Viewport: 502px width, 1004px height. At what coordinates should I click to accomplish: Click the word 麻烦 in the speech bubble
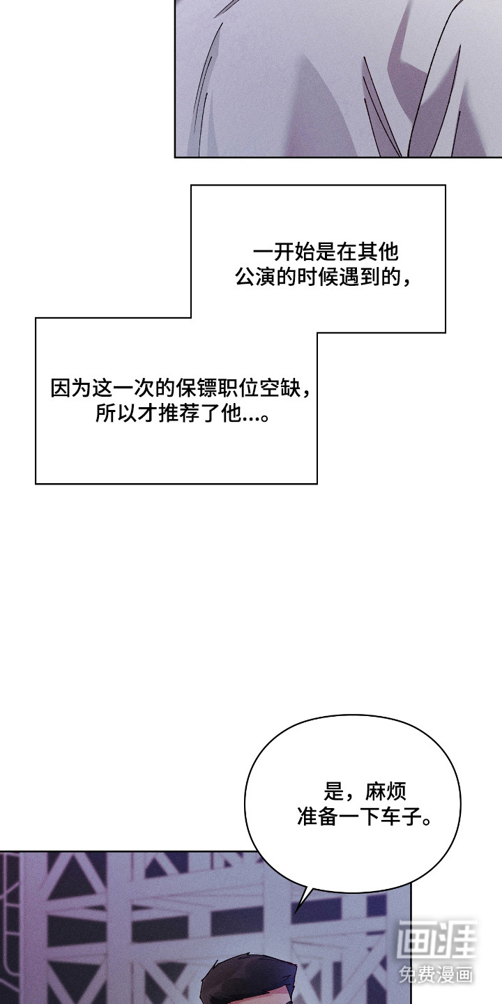tap(389, 791)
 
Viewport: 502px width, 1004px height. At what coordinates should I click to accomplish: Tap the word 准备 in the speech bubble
tap(318, 816)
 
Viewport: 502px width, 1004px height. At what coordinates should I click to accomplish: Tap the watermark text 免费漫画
tap(436, 973)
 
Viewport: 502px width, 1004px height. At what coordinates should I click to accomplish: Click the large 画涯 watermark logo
tap(436, 940)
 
